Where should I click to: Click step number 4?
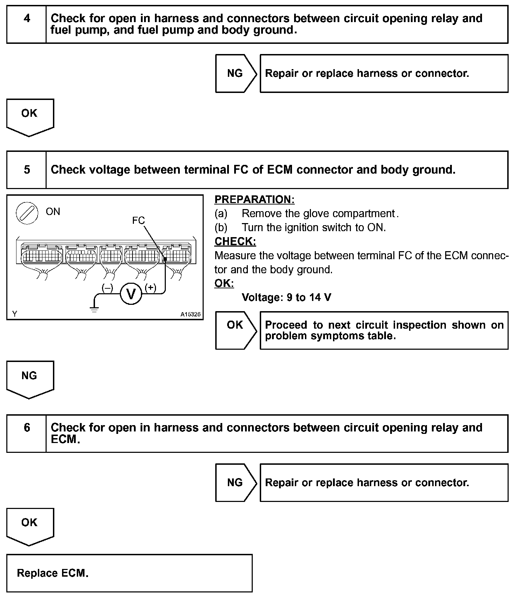point(27,18)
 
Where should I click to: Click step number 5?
point(27,170)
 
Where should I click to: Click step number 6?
point(27,427)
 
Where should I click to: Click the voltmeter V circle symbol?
point(131,294)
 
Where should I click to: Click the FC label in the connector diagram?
point(138,220)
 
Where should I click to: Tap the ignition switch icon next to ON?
point(27,213)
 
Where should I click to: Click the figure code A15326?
point(190,314)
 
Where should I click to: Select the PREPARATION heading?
point(254,199)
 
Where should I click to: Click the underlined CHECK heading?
point(235,241)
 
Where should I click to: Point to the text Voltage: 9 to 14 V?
point(286,297)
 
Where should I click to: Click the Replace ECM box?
point(129,573)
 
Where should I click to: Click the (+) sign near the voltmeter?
point(151,288)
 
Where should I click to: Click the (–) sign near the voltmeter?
point(107,288)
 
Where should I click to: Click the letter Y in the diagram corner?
point(15,314)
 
